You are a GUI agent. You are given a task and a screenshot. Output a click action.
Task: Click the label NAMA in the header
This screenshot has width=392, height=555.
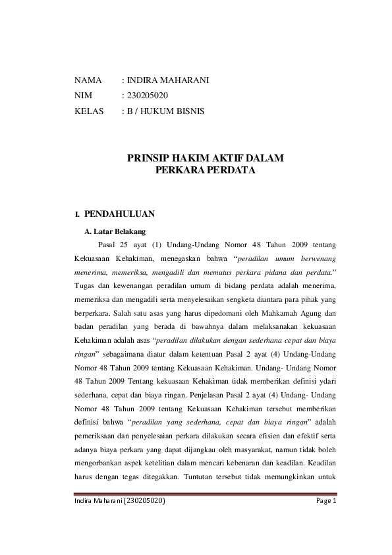(89, 80)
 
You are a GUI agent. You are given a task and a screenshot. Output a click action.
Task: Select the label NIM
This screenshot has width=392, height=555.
(84, 96)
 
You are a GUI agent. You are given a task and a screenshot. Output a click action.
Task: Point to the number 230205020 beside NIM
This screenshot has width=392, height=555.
(150, 96)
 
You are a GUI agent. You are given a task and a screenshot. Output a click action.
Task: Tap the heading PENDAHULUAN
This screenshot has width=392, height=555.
(119, 214)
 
